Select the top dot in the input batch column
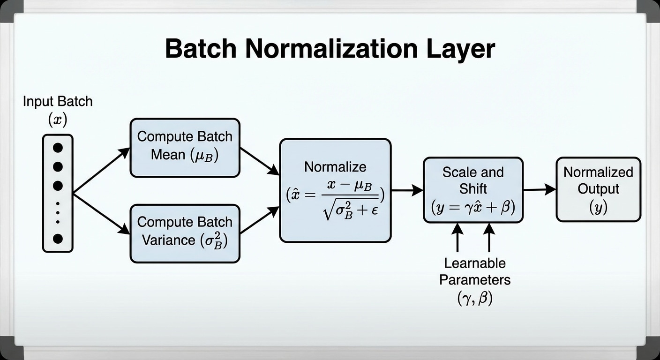[x=58, y=148]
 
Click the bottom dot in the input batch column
[x=58, y=239]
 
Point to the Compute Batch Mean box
[x=185, y=147]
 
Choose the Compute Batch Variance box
[x=185, y=232]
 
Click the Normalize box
[x=335, y=190]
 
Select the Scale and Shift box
[x=472, y=189]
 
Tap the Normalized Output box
[x=598, y=189]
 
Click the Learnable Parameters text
[x=474, y=271]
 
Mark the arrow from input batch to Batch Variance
[x=101, y=213]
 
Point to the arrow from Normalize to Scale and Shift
[x=407, y=190]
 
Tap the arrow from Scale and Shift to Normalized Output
[x=539, y=189]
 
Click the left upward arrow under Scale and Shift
[x=458, y=237]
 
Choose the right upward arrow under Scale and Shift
[x=489, y=237]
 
